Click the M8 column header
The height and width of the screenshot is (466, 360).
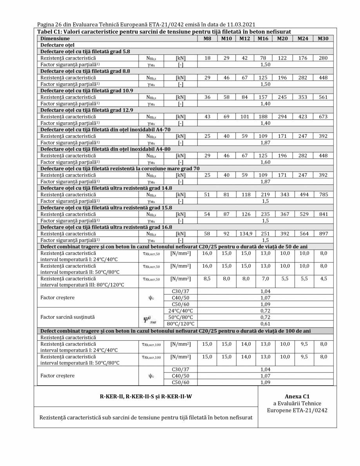(x=207, y=39)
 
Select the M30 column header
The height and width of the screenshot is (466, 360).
(x=322, y=39)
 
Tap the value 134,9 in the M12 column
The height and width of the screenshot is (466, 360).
(x=245, y=234)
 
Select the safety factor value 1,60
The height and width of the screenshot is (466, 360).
(x=265, y=161)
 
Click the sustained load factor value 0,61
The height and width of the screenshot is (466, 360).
(x=265, y=324)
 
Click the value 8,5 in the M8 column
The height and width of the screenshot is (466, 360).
(x=207, y=279)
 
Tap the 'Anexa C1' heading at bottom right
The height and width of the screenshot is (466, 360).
(x=297, y=396)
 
